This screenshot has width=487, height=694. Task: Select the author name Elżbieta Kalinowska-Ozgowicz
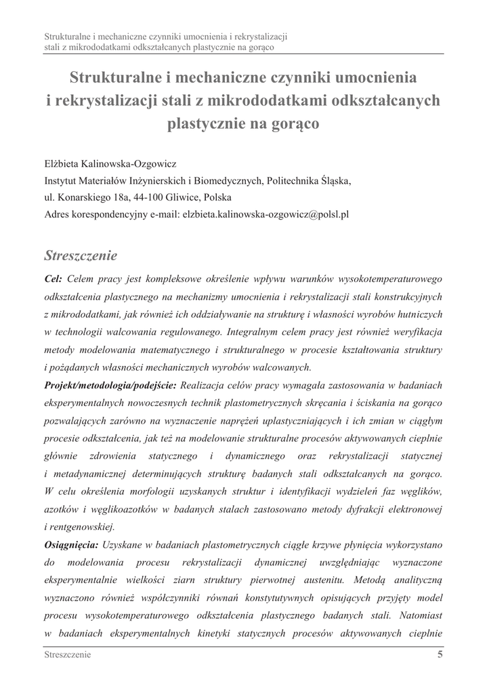click(110, 164)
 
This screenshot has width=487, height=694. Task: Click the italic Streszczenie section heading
click(81, 256)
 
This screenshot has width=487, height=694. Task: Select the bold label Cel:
click(54, 279)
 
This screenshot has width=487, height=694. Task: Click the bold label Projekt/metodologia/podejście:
click(110, 385)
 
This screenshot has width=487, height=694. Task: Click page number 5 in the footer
click(440, 655)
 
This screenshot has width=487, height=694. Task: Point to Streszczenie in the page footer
click(68, 655)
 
